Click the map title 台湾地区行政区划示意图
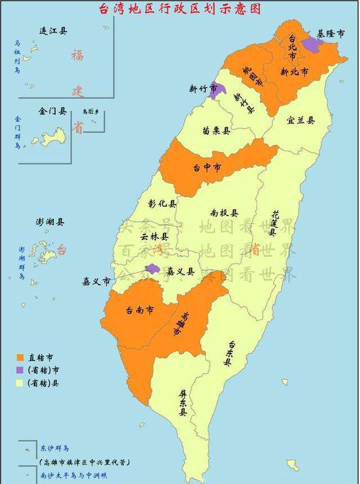180,10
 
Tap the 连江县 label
53,31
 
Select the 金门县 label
53,111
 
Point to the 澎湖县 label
50,222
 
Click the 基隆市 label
330,34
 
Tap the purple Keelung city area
311,44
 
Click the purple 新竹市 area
216,91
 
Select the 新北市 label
294,73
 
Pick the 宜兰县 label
300,120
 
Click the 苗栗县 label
217,130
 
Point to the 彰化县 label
162,203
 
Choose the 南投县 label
224,213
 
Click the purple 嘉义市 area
151,269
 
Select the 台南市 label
140,310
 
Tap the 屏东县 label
183,404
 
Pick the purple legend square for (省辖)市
20,370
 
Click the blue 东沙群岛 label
55,449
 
